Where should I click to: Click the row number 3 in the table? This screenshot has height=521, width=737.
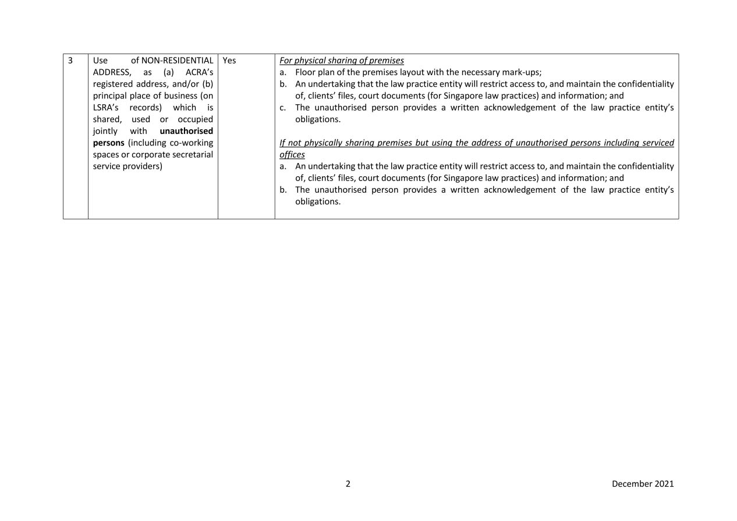tap(70, 61)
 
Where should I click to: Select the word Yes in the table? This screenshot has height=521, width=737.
tap(229, 61)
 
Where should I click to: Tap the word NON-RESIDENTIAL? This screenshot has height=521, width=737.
tap(177, 61)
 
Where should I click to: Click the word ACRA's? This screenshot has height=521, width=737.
tap(199, 72)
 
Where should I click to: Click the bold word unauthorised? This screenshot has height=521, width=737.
tap(186, 131)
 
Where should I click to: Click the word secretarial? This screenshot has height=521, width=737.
tap(193, 154)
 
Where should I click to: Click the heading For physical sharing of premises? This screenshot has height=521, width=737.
tap(342, 61)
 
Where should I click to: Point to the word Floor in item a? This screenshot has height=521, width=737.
tap(306, 72)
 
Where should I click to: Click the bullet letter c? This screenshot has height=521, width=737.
tap(283, 108)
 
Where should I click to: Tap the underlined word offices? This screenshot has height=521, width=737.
tap(292, 155)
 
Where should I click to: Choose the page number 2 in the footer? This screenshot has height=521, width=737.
tap(348, 484)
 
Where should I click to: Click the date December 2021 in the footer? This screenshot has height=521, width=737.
tap(643, 484)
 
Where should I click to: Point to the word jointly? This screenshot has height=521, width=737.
tap(105, 131)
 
